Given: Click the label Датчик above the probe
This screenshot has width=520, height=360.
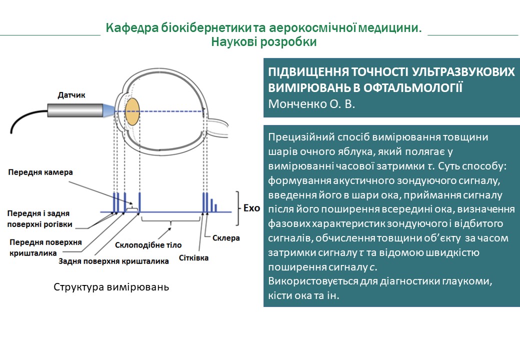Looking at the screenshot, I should [x=71, y=94].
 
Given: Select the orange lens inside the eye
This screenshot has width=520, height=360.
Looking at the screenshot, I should [x=132, y=111].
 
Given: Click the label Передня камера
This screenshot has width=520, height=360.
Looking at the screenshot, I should [x=40, y=172].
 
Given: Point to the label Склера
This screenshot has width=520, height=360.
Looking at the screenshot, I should [x=225, y=238].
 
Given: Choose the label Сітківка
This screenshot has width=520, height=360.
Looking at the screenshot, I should [x=193, y=258].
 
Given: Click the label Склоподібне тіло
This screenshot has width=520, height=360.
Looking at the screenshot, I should [x=148, y=245].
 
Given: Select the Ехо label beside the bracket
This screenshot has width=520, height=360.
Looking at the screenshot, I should [x=251, y=207].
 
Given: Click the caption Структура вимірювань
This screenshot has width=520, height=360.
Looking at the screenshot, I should [x=111, y=287].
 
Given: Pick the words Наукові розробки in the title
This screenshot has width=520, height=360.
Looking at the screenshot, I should [x=263, y=42].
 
